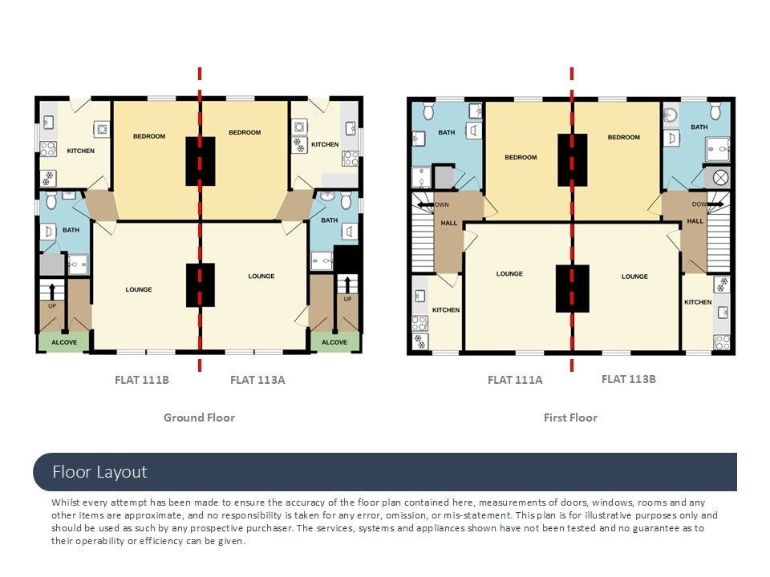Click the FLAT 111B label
click(142, 380)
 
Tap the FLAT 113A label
click(257, 380)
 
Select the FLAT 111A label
click(515, 380)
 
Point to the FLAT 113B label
click(629, 379)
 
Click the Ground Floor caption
click(200, 418)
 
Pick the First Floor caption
click(570, 418)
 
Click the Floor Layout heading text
click(99, 472)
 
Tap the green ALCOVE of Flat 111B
click(64, 342)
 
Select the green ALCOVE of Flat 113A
click(334, 342)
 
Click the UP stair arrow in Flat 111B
click(52, 290)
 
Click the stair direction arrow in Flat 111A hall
click(425, 204)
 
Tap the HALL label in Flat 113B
click(695, 221)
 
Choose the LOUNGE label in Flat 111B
click(139, 289)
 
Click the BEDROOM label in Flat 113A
click(245, 132)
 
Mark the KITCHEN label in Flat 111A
click(446, 310)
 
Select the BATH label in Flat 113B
click(699, 127)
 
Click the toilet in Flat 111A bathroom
click(428, 111)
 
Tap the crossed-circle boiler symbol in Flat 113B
click(720, 178)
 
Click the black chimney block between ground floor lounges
click(201, 285)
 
